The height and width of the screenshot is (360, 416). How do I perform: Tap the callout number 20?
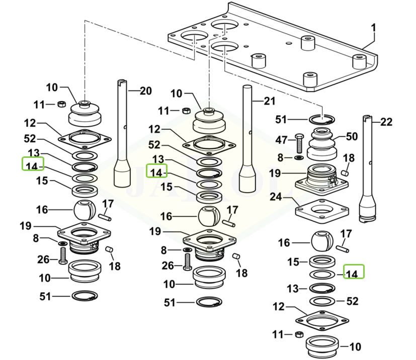(145, 91)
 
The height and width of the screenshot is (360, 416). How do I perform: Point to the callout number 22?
(386, 122)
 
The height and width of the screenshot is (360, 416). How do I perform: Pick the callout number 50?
(352, 137)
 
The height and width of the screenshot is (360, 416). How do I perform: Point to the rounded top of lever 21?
(247, 88)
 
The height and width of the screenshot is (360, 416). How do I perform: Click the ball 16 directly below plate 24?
(320, 241)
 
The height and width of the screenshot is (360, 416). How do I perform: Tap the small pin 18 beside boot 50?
(346, 173)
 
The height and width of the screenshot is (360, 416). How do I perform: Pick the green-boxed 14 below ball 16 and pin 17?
(354, 273)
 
